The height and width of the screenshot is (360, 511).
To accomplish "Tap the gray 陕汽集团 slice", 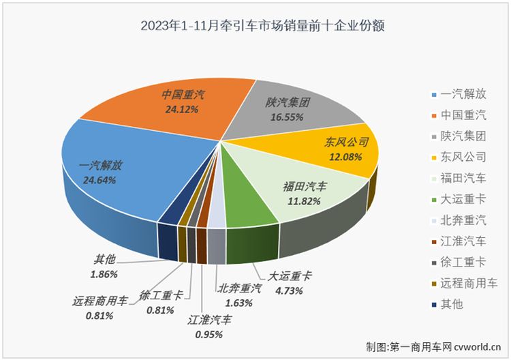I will [x=286, y=109].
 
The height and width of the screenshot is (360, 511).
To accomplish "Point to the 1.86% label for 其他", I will [x=105, y=274].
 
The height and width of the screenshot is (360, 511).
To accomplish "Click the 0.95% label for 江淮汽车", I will [x=209, y=335].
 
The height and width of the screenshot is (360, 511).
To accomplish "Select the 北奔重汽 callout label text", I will [x=239, y=288].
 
